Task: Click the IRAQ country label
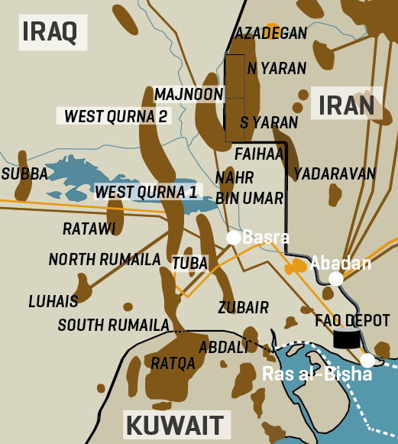click(x=50, y=31)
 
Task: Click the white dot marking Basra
click(x=234, y=237)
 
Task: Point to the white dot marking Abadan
click(x=335, y=279)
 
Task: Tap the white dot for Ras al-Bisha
click(x=367, y=360)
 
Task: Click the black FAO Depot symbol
click(x=346, y=339)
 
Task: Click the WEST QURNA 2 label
click(x=115, y=116)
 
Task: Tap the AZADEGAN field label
click(x=271, y=33)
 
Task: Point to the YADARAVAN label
click(x=335, y=173)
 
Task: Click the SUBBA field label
click(x=24, y=173)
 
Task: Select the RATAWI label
click(x=89, y=228)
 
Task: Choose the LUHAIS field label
click(x=53, y=300)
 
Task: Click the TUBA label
click(x=189, y=263)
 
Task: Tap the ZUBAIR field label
click(x=243, y=308)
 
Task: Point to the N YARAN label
click(x=273, y=67)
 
